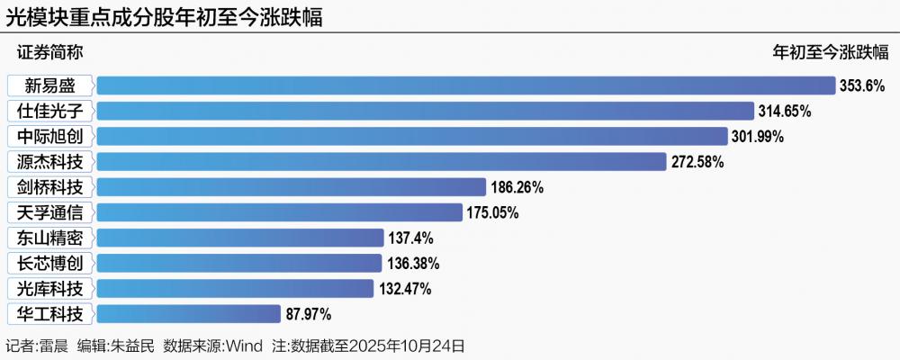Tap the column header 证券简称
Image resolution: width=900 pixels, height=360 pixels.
click(49, 52)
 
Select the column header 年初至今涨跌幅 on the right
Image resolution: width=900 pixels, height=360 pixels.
click(831, 52)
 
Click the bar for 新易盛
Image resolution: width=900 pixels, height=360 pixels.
click(466, 85)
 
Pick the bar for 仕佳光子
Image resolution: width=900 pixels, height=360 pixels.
click(425, 111)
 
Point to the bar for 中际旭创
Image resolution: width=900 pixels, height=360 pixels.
click(411, 136)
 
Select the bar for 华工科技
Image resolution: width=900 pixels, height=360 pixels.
click(188, 314)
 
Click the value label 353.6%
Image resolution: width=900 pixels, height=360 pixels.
click(862, 85)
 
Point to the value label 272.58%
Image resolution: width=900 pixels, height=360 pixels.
click(697, 162)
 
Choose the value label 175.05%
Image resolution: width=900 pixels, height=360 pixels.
click(492, 213)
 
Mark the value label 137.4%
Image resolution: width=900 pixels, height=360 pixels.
click(410, 238)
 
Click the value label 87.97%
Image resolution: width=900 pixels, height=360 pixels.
click(309, 314)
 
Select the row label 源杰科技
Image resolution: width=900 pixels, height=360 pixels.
click(50, 162)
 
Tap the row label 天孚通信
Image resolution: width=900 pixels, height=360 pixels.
click(50, 213)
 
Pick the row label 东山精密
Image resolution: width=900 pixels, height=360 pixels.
click(50, 238)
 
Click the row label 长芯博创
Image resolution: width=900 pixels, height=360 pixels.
click(50, 264)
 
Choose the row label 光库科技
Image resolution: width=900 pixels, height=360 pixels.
click(50, 289)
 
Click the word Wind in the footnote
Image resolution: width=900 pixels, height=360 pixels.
click(243, 346)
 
